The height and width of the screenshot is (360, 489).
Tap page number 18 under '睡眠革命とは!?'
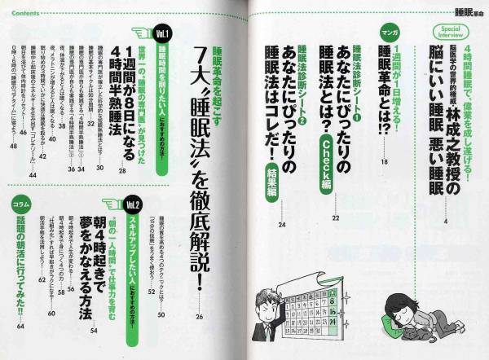click(383, 164)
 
